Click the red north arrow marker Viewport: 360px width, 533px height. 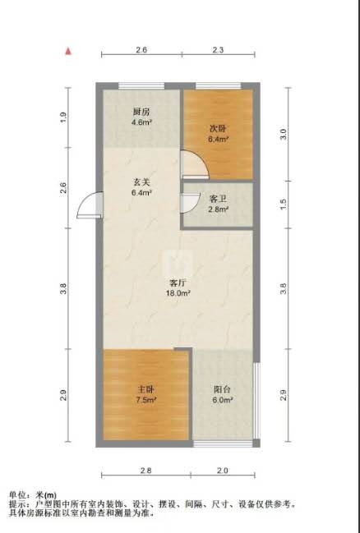pyautogui.click(x=69, y=51)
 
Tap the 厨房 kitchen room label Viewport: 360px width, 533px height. pyautogui.click(x=141, y=112)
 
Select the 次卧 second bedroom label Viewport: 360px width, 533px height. pyautogui.click(x=218, y=129)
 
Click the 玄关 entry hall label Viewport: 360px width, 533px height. pyautogui.click(x=141, y=182)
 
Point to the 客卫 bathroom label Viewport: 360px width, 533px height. pyautogui.click(x=218, y=200)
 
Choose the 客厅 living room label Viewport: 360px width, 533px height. pyautogui.click(x=178, y=283)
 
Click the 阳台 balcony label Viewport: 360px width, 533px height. pyautogui.click(x=223, y=389)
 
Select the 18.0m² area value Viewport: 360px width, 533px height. pyautogui.click(x=178, y=293)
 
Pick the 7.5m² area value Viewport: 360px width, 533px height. pyautogui.click(x=146, y=400)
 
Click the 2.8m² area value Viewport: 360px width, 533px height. pyautogui.click(x=218, y=209)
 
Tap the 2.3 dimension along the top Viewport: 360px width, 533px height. pyautogui.click(x=218, y=50)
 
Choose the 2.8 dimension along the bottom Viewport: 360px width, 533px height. pyautogui.click(x=146, y=471)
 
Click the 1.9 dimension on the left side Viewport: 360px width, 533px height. pyautogui.click(x=63, y=117)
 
